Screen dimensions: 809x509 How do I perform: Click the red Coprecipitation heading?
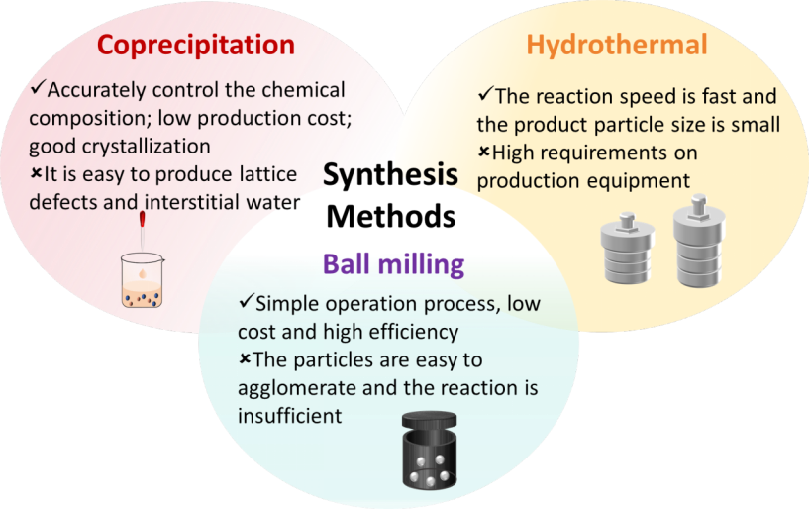[196, 45]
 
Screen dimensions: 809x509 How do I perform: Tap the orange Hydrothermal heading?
[617, 45]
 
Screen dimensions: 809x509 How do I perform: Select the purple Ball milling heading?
[394, 264]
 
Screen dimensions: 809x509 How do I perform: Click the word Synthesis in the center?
[390, 174]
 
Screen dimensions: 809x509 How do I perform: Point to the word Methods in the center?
[391, 216]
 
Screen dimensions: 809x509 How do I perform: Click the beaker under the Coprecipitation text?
[143, 280]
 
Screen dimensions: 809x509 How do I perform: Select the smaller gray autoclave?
[628, 248]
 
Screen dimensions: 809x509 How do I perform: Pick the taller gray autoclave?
[699, 241]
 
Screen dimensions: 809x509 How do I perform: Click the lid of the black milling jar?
[429, 419]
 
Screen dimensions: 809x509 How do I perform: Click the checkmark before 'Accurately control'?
[39, 87]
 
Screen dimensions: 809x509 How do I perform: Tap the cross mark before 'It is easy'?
[36, 173]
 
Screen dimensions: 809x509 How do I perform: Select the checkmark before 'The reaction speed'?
[486, 93]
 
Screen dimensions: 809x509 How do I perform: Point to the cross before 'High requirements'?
[484, 152]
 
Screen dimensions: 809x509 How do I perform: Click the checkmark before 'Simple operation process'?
[247, 301]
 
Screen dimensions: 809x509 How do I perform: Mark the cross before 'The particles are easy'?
[245, 357]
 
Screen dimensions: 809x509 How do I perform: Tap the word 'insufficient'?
[289, 416]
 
